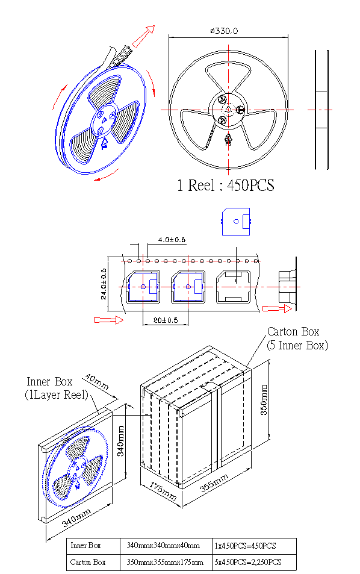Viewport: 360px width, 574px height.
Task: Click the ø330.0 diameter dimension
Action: tap(224, 31)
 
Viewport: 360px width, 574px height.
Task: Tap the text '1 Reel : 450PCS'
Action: tap(226, 186)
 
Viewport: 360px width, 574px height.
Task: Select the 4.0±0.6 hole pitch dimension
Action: tap(172, 240)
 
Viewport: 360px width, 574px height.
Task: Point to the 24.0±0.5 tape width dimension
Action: tap(104, 284)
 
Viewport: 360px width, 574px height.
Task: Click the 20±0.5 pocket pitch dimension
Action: tap(166, 320)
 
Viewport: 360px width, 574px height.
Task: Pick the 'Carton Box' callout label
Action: tap(293, 332)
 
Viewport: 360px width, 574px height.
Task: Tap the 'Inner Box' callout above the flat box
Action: tap(49, 381)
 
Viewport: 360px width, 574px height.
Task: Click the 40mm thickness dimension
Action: tap(97, 381)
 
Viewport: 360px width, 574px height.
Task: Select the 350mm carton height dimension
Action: tap(264, 400)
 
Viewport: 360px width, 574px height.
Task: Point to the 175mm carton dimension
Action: tap(163, 491)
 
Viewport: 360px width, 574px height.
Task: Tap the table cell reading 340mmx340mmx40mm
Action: tap(163, 546)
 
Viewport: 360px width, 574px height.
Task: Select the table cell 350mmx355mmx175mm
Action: tap(165, 562)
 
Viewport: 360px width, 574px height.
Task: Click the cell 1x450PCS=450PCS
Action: tap(246, 546)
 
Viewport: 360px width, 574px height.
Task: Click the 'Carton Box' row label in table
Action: tap(88, 562)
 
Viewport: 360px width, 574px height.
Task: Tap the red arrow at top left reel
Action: tap(143, 36)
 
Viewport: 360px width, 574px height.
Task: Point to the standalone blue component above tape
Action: tap(236, 222)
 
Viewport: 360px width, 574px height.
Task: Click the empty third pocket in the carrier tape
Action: tap(233, 287)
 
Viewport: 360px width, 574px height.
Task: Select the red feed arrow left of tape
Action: tap(108, 320)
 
